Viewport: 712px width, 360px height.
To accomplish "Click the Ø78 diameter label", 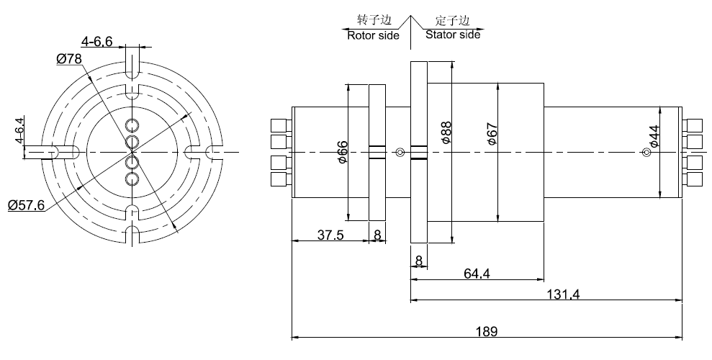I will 69,58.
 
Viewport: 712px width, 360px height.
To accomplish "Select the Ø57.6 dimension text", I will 27,205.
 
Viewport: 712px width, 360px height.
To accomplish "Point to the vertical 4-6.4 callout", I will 20,130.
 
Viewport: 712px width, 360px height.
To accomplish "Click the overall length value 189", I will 486,331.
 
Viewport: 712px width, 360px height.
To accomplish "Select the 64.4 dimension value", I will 477,274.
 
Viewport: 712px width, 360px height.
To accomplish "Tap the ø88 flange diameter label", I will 446,133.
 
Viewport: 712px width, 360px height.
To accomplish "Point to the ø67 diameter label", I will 494,134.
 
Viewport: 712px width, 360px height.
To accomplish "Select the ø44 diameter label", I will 654,136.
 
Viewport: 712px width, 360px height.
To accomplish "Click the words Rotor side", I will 373,35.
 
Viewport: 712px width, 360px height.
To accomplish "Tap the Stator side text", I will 452,34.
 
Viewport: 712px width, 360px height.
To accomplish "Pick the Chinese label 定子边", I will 452,19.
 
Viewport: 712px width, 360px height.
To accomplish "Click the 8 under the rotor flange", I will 377,235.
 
